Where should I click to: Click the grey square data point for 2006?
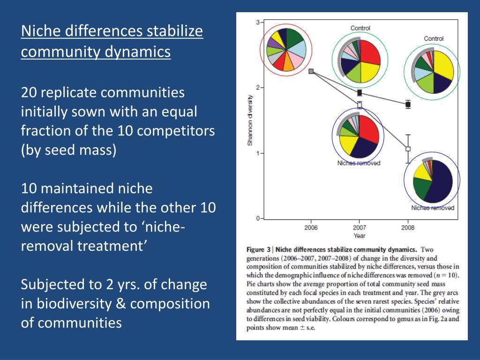311,71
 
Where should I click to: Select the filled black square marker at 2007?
360,93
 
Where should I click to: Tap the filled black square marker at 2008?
408,105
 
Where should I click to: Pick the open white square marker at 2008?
408,149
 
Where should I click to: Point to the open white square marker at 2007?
360,105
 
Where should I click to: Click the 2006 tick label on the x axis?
311,227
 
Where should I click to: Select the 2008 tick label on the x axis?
408,227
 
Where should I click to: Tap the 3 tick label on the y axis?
257,22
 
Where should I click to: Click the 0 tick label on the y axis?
257,218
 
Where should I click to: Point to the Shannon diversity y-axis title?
250,120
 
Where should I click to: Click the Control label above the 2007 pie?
360,28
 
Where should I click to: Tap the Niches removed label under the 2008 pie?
432,208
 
